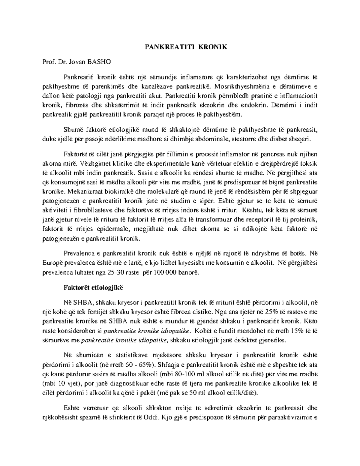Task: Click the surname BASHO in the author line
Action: point(99,62)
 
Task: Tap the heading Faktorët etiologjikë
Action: point(93,287)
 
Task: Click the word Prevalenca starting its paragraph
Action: point(79,253)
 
